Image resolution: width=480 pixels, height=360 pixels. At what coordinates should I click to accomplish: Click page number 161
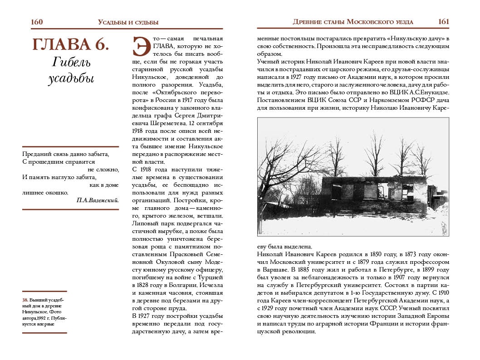tap(443, 22)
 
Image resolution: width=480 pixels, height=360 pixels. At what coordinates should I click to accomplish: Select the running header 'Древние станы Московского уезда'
tap(353, 22)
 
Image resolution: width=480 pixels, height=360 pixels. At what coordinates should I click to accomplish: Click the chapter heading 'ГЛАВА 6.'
tap(70, 44)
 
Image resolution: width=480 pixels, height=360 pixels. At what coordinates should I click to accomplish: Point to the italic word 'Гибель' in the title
tap(70, 61)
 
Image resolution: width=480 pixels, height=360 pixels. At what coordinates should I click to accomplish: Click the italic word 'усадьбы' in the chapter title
tap(70, 78)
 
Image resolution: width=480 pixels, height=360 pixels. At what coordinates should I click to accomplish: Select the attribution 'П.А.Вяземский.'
tap(98, 200)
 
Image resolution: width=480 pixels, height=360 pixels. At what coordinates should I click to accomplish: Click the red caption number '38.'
tap(26, 300)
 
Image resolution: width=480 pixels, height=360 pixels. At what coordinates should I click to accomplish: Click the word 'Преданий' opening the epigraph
tap(36, 154)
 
